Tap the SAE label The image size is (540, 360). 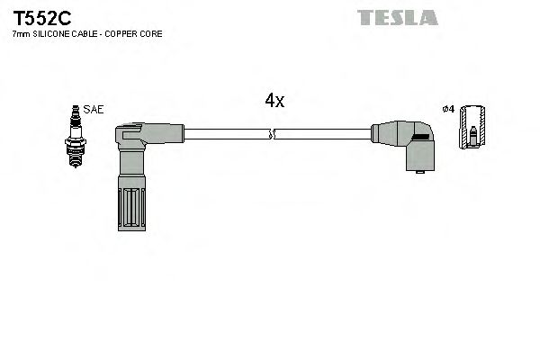[x=94, y=109]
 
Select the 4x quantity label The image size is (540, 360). [x=274, y=102]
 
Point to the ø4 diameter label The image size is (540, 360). [x=448, y=110]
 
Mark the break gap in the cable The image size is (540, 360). [x=273, y=135]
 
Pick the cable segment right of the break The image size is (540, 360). [x=324, y=135]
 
